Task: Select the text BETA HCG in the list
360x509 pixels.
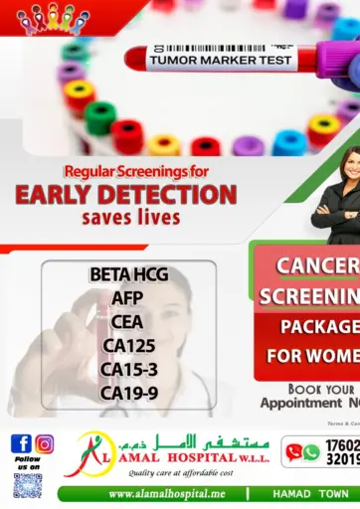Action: (x=127, y=274)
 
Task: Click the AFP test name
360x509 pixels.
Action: (x=127, y=298)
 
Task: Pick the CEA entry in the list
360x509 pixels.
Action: (x=127, y=321)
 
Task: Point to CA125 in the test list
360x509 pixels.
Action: (x=127, y=345)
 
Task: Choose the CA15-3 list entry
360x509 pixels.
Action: (x=127, y=369)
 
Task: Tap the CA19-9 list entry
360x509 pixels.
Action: (x=127, y=393)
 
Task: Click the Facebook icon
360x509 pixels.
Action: (x=21, y=443)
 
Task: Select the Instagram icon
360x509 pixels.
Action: (x=45, y=443)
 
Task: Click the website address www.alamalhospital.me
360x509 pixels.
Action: (x=167, y=494)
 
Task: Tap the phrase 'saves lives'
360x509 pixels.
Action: (x=124, y=217)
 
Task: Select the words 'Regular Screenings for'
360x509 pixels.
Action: (x=125, y=170)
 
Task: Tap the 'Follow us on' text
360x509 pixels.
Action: (x=27, y=462)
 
